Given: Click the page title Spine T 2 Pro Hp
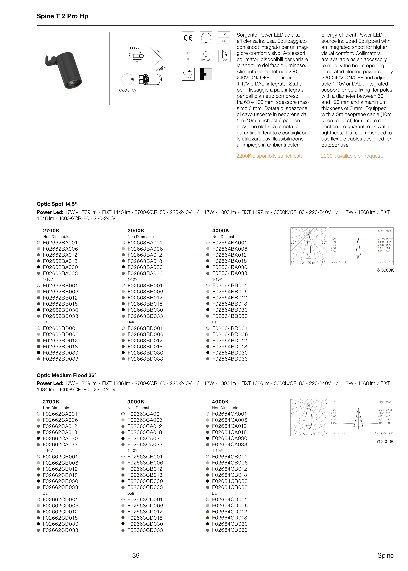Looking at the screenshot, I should [62, 16].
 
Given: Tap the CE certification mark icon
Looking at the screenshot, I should [188, 38].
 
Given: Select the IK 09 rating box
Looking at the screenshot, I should [224, 38].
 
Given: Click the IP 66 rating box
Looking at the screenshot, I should [188, 56].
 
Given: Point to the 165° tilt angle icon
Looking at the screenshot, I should [224, 56].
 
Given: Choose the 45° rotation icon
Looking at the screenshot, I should [188, 74].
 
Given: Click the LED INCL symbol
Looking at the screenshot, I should [206, 56].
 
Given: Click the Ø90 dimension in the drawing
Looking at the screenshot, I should [162, 68].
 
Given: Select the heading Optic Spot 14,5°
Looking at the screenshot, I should [57, 204].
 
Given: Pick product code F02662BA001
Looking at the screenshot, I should [60, 243].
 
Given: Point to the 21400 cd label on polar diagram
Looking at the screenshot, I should [308, 263].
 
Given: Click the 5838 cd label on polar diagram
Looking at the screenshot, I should [308, 434].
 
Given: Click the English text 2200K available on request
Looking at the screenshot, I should [352, 156].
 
